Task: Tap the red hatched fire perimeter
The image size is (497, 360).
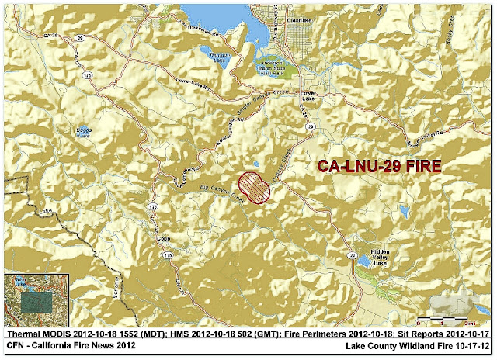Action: (x=253, y=189)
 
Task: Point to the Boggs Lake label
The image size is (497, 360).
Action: (x=84, y=132)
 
